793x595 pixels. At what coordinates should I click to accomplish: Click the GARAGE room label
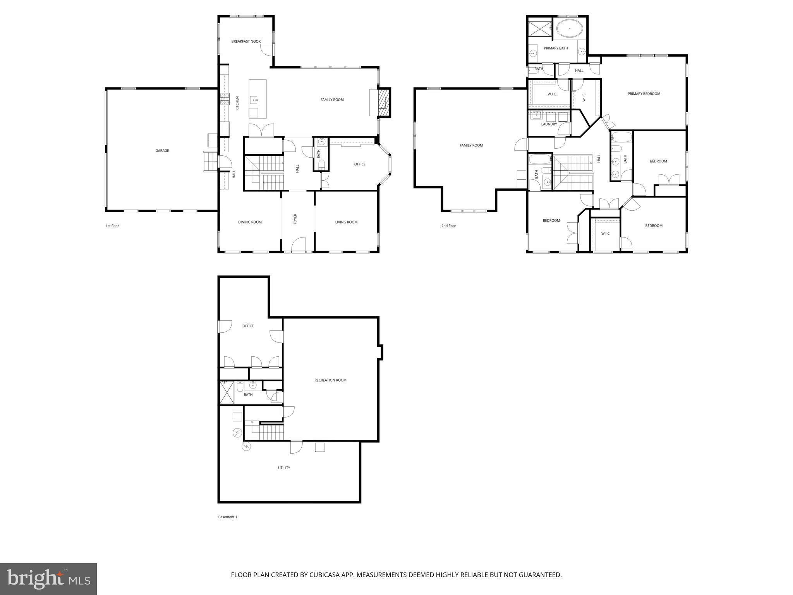[x=162, y=151]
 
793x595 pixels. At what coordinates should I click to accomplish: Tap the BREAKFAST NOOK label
[x=246, y=41]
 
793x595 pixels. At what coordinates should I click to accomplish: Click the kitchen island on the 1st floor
[x=257, y=99]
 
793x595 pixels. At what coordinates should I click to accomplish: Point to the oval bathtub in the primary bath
[x=569, y=29]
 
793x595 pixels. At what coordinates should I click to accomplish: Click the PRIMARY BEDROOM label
[x=644, y=94]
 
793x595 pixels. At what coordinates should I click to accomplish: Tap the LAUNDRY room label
[x=549, y=124]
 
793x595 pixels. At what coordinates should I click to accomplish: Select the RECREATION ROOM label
[x=330, y=380]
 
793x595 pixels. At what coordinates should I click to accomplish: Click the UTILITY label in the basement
[x=284, y=468]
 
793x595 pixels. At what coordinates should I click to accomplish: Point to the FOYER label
[x=295, y=219]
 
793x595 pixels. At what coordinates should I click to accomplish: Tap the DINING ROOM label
[x=250, y=222]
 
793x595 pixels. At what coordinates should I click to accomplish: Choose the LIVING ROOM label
[x=346, y=222]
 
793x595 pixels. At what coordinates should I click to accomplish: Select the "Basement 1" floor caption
[x=227, y=517]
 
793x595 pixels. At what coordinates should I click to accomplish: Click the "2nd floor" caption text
[x=448, y=226]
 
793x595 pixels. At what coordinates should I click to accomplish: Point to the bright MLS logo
[x=48, y=579]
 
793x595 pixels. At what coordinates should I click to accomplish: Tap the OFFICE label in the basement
[x=248, y=326]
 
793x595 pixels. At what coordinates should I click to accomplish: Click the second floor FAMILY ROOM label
[x=471, y=146]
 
